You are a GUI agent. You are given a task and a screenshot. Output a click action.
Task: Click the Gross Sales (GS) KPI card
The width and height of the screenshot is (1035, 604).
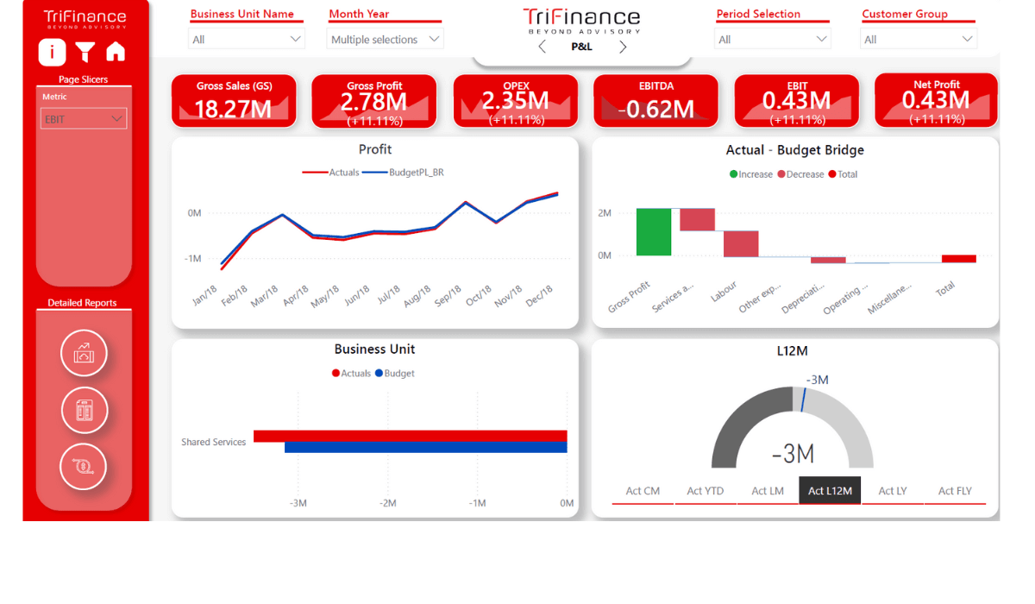tap(234, 101)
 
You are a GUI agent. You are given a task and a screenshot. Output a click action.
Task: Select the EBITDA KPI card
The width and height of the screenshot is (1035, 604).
tap(655, 101)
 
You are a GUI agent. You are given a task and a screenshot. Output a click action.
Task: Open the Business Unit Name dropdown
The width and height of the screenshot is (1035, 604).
tap(247, 39)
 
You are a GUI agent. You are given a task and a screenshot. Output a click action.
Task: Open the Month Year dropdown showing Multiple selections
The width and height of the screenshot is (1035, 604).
tap(386, 39)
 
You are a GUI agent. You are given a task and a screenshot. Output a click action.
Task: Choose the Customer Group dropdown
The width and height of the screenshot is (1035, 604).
tap(919, 39)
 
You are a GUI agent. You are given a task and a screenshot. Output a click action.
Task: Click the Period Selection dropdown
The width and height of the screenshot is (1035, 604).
tap(773, 39)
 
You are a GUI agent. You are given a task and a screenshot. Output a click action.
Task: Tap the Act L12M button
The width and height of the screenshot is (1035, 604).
tap(830, 491)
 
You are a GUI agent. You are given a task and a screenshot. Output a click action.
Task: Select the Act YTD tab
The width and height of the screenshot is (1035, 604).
tap(705, 491)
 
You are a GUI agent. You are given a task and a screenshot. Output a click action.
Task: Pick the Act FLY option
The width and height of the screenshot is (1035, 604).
tap(955, 491)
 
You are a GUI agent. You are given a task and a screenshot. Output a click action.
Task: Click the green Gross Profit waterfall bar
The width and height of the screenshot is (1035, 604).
tap(653, 231)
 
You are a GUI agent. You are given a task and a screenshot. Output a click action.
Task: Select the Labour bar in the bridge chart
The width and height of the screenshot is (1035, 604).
tap(741, 243)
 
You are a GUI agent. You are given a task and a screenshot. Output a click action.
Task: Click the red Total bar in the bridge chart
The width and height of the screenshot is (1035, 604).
tap(958, 258)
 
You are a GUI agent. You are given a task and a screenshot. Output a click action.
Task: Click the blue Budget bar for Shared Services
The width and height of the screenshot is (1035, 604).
tap(425, 447)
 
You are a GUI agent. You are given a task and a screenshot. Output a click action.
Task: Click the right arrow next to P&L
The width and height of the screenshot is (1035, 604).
tap(623, 47)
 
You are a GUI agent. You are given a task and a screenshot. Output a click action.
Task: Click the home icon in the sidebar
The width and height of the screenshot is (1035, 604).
tap(116, 53)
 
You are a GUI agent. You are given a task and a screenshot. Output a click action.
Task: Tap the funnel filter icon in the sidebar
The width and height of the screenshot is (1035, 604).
tap(85, 53)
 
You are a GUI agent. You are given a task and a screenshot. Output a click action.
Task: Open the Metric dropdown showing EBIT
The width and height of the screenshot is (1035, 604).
tap(84, 119)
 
